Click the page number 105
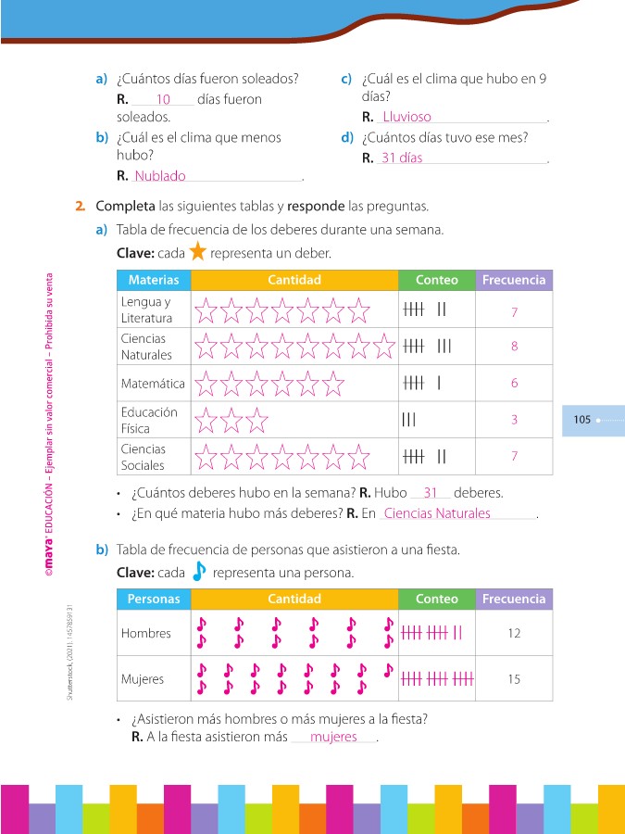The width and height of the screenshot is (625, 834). [x=581, y=420]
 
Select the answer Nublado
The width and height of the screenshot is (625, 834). [x=160, y=176]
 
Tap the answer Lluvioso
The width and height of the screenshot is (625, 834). [x=407, y=118]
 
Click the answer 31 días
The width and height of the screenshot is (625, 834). [x=402, y=158]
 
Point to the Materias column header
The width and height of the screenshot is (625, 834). [x=154, y=280]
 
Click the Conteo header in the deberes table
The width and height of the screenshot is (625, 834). [x=436, y=280]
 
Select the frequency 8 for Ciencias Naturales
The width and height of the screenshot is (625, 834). [x=514, y=347]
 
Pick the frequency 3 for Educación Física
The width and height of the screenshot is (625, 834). [x=514, y=420]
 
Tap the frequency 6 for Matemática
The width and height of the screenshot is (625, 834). [x=514, y=383]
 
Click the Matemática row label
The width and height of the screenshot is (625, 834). [x=153, y=384]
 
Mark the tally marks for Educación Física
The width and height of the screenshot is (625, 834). [x=409, y=420]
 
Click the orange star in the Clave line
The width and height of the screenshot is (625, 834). [x=197, y=253]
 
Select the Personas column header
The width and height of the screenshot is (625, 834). [x=154, y=600]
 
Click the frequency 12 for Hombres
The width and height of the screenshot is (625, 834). [x=514, y=634]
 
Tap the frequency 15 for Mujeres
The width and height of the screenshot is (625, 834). [x=514, y=679]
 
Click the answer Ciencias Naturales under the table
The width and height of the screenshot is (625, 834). [x=437, y=513]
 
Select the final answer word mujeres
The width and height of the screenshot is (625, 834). [x=333, y=737]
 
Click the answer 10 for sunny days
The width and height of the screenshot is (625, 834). [x=163, y=99]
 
